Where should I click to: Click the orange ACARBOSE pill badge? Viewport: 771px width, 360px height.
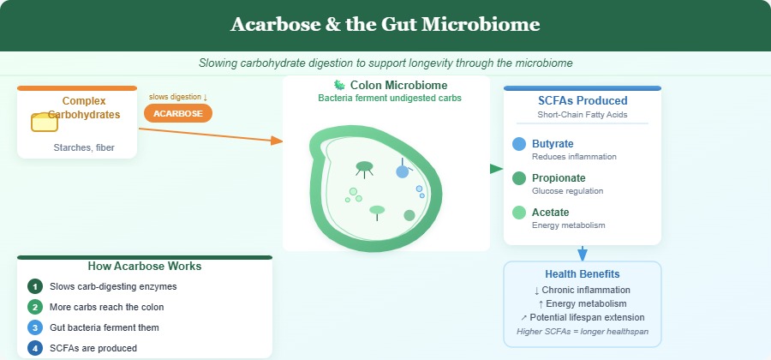(178, 113)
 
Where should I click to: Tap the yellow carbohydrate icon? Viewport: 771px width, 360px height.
(45, 122)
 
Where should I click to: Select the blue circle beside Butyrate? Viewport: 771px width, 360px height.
(519, 145)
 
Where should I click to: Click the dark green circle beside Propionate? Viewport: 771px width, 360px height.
(519, 178)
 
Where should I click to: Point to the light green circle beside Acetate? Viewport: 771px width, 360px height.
(519, 213)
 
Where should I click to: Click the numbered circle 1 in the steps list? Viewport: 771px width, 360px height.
(34, 286)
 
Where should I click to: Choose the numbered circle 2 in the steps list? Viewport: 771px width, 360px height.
(34, 307)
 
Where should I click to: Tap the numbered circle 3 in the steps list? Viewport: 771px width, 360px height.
(34, 327)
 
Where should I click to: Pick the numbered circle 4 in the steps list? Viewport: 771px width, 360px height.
(34, 348)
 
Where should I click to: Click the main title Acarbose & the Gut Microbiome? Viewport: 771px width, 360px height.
(385, 25)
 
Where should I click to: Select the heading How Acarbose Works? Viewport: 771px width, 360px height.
(145, 266)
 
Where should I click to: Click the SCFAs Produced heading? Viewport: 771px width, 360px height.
(583, 100)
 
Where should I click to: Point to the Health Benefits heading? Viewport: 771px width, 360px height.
(583, 273)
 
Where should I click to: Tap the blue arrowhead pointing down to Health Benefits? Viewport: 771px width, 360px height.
(583, 255)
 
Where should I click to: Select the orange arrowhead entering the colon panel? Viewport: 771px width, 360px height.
(276, 140)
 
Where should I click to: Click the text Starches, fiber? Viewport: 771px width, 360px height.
(84, 148)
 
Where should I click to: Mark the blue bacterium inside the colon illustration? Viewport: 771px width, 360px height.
(403, 171)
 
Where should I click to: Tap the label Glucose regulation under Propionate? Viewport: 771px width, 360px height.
(568, 191)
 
